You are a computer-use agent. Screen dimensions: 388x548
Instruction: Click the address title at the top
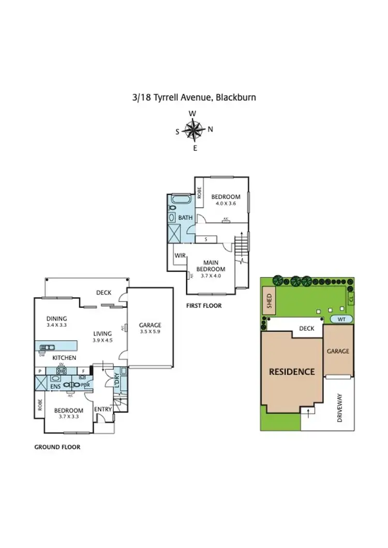coord(194,97)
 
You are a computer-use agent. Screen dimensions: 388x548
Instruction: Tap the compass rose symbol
coord(193,130)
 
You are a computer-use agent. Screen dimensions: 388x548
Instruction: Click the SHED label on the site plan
coord(269,301)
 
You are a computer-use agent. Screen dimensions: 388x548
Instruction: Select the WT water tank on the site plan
coord(341,319)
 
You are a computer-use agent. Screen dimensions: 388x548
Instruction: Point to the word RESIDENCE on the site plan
coord(291,371)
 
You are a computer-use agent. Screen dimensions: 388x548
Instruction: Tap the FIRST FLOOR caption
coord(204,306)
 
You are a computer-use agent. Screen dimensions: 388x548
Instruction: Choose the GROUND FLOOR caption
coord(57,447)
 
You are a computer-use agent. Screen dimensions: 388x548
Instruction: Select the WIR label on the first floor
coord(180,255)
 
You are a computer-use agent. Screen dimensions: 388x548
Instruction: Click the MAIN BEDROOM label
coord(214,266)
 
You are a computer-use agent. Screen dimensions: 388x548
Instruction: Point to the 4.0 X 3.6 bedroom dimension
coord(226,204)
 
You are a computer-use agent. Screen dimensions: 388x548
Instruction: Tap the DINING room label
coord(56,318)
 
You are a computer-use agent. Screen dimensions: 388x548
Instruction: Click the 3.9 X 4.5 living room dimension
coord(103,340)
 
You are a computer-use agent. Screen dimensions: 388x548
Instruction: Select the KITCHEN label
coord(64,358)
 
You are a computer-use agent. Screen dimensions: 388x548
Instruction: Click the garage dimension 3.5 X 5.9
coord(150,332)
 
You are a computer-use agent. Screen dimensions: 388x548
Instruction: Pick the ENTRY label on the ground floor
coord(103,409)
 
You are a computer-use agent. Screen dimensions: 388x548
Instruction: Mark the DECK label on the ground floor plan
coord(103,293)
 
